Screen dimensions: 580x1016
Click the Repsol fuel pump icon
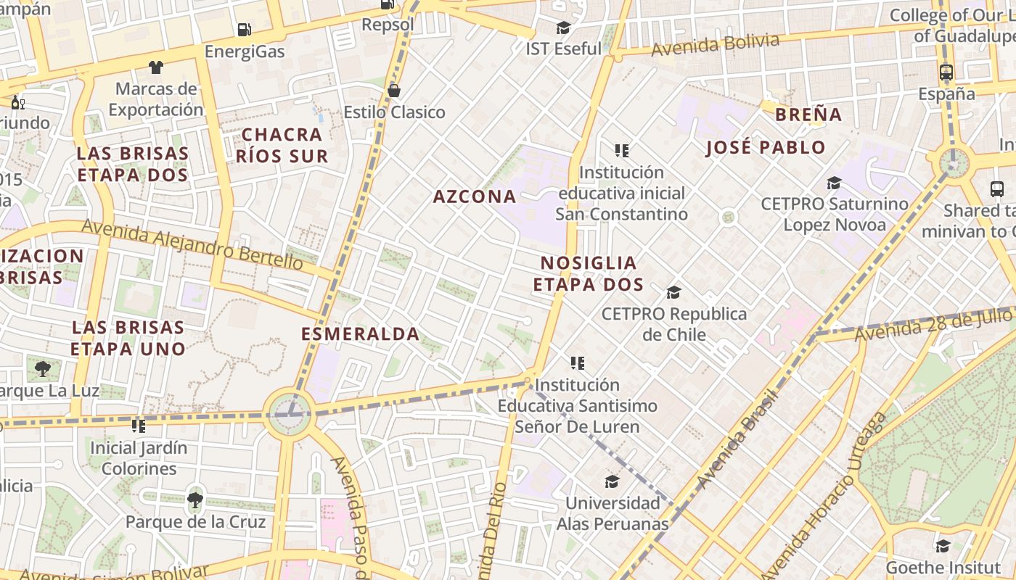point(388,4)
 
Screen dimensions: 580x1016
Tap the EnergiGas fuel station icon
point(245,30)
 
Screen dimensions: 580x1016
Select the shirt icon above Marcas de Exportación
point(155,67)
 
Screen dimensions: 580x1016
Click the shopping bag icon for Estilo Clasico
point(394,91)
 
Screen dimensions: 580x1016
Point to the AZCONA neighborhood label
point(475,196)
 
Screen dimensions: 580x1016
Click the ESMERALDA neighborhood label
point(360,334)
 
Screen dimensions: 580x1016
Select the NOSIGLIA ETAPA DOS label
point(589,273)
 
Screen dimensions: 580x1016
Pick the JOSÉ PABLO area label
point(766,148)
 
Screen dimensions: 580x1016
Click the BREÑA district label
point(808,115)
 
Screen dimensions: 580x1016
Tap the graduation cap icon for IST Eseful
point(563,28)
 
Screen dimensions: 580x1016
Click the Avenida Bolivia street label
point(715,45)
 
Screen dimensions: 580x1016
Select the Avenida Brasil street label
point(737,439)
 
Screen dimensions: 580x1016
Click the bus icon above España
point(946,72)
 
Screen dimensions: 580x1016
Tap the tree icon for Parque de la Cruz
point(194,500)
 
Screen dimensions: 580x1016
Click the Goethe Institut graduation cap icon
point(943,546)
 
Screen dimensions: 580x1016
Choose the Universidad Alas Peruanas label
point(613,513)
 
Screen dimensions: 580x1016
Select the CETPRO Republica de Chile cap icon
point(673,293)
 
